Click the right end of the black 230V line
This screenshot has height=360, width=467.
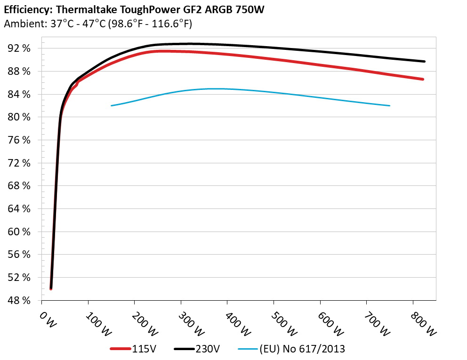pos(424,61)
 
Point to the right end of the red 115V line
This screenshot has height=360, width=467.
pos(423,79)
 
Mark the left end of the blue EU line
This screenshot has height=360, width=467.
pos(112,105)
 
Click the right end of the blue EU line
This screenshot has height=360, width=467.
pos(389,105)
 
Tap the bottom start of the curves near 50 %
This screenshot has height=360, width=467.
pos(51,288)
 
